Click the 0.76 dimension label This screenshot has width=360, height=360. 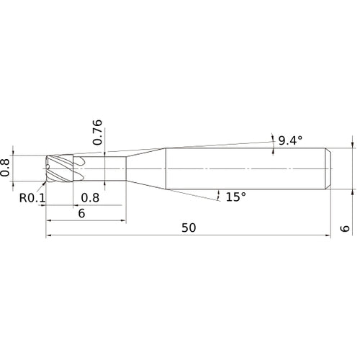pyautogui.click(x=97, y=132)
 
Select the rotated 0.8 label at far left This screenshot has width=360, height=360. pyautogui.click(x=5, y=168)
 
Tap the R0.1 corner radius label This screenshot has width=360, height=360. pyautogui.click(x=32, y=198)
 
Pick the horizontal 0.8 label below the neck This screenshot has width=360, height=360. pyautogui.click(x=90, y=198)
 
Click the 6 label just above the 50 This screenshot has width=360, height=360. pyautogui.click(x=81, y=213)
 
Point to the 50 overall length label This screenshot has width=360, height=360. pyautogui.click(x=189, y=228)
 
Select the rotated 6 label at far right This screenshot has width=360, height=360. pyautogui.click(x=345, y=228)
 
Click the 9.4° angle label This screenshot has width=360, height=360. pyautogui.click(x=290, y=140)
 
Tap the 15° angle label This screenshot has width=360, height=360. pyautogui.click(x=236, y=197)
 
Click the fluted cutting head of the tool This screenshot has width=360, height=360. pyautogui.click(x=59, y=168)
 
